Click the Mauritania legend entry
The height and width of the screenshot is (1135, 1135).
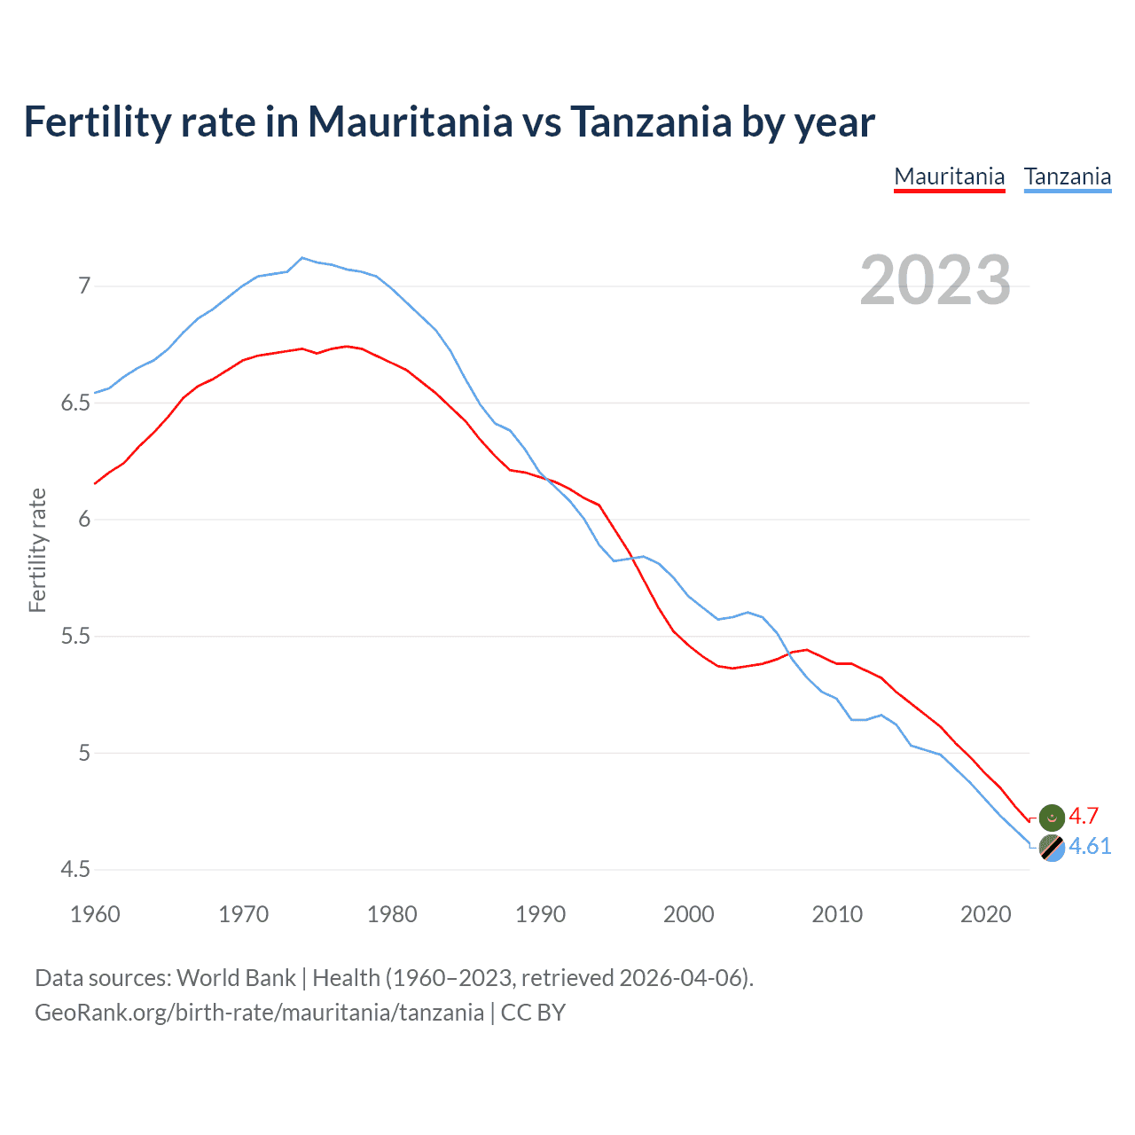click(949, 176)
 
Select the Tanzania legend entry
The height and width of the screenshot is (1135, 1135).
click(1067, 176)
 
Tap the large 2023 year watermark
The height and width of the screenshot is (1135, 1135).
click(935, 280)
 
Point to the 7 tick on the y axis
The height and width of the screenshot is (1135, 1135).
click(84, 286)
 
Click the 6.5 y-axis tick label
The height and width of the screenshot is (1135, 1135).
click(75, 403)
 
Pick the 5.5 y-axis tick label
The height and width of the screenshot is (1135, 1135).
click(75, 637)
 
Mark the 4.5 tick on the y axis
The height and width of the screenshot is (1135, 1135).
click(75, 870)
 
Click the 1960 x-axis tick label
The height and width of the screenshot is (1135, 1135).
click(95, 914)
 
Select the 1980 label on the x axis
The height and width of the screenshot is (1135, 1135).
click(392, 914)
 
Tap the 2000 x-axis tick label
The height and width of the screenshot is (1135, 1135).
click(688, 914)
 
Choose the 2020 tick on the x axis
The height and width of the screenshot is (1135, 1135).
click(985, 914)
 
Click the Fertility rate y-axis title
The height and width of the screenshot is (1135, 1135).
click(37, 550)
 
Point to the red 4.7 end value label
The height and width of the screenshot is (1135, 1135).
click(1084, 816)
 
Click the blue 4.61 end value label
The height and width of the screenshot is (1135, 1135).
click(1090, 846)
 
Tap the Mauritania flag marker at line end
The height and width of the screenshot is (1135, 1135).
click(1052, 817)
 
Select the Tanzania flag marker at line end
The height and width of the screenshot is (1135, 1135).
click(1052, 848)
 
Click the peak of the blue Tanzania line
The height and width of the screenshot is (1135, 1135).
click(302, 257)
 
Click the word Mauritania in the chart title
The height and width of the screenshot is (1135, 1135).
click(410, 121)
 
